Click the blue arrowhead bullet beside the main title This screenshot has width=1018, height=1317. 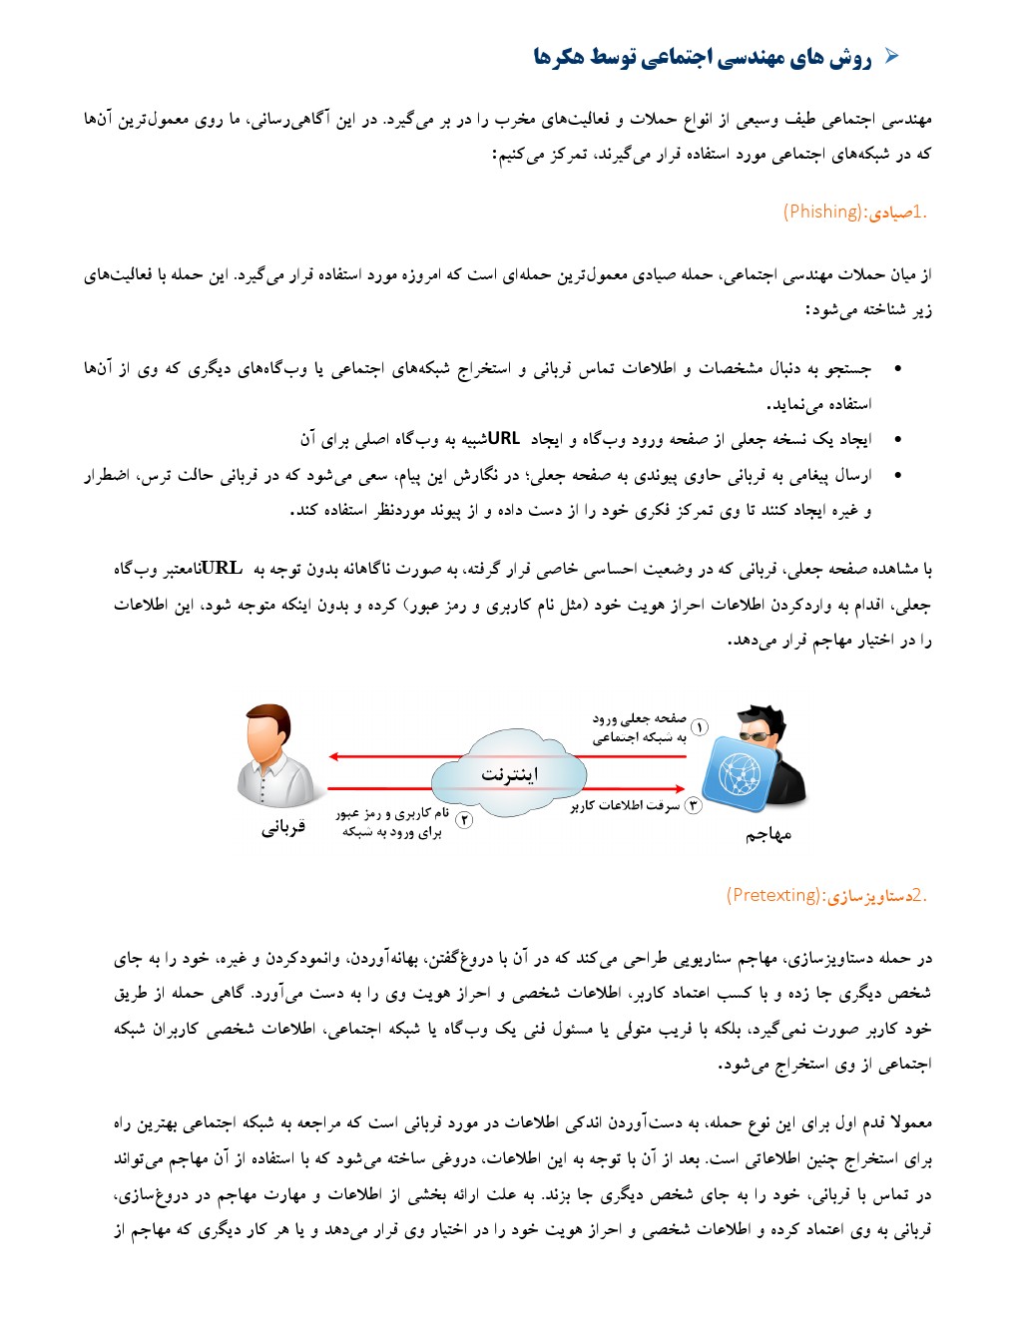(x=892, y=57)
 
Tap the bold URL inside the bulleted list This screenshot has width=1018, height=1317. (x=504, y=439)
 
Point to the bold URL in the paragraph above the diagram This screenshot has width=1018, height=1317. (x=222, y=569)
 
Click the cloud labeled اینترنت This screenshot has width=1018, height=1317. (x=509, y=773)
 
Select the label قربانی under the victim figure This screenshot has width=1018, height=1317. (x=283, y=827)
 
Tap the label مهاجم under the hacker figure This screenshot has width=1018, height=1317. (x=768, y=834)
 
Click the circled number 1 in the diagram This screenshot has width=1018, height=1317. (x=700, y=727)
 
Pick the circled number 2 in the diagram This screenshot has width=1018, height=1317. (x=464, y=820)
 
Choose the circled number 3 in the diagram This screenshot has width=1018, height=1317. (x=693, y=805)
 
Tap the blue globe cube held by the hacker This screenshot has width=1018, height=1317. (x=739, y=774)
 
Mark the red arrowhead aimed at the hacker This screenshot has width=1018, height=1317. (x=682, y=789)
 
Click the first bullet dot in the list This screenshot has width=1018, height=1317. (x=897, y=369)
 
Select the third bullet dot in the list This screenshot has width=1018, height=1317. (x=897, y=476)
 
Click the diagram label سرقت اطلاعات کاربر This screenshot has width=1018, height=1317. (x=626, y=806)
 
